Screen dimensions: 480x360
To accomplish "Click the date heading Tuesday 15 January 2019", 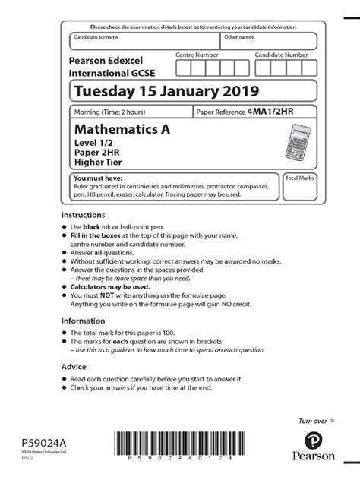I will (166, 92).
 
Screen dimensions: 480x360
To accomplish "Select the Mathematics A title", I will (121, 129).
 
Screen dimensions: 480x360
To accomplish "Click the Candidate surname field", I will (144, 42).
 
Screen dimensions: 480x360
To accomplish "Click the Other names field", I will (268, 42).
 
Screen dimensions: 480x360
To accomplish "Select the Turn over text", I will (312, 420).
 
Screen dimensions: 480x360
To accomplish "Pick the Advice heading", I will (74, 365).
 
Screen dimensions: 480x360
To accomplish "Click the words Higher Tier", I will (98, 161).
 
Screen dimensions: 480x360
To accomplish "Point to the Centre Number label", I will (197, 55).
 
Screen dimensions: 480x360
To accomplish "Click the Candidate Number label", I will (281, 55).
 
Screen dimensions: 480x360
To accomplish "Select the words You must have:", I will (96, 178).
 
